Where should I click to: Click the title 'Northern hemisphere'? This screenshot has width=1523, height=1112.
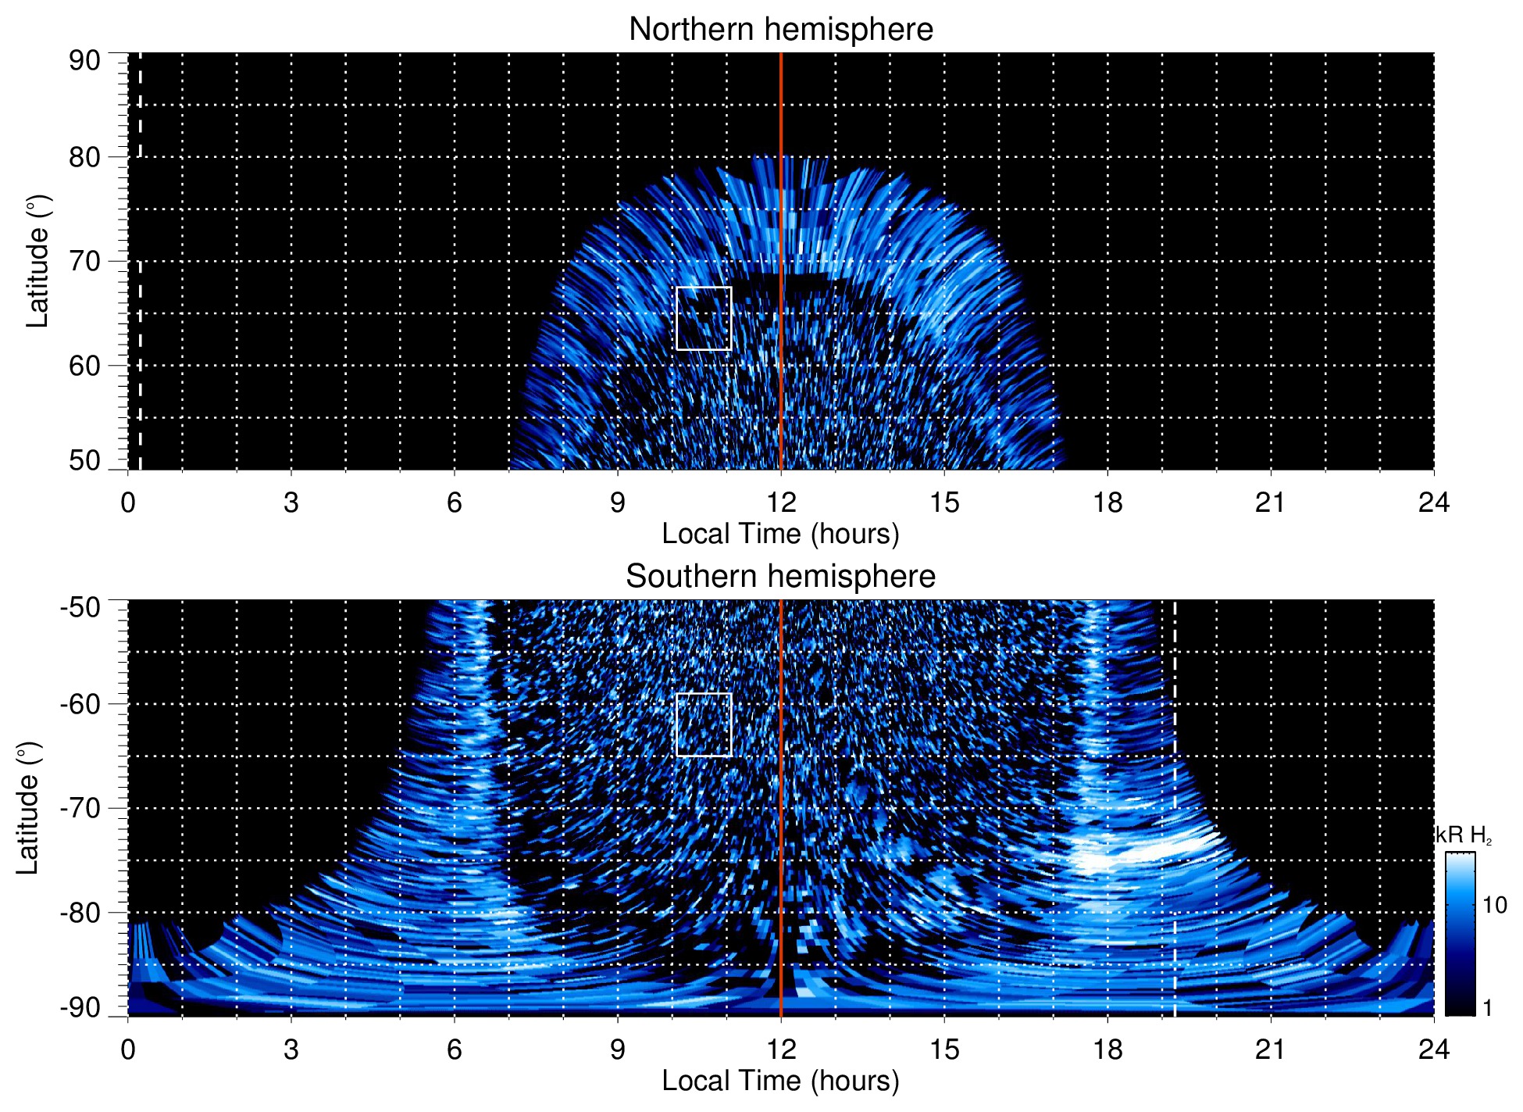780,30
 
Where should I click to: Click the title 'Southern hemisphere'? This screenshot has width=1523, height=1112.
780,577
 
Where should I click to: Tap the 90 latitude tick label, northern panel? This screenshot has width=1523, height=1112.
84,61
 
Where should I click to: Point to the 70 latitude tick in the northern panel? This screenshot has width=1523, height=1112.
84,261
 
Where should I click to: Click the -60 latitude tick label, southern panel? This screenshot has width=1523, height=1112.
80,704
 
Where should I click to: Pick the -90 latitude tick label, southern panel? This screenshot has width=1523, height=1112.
80,1008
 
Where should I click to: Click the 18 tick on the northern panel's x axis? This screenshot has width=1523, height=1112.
1107,502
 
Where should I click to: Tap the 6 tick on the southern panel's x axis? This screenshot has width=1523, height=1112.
454,1049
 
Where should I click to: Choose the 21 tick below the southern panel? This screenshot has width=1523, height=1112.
1270,1049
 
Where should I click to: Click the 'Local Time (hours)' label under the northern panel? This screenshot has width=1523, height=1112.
780,534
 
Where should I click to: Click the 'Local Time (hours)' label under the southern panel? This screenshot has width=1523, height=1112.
780,1081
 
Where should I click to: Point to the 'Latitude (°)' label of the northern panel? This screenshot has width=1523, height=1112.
37,261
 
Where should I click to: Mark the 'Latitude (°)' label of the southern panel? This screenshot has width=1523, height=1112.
28,808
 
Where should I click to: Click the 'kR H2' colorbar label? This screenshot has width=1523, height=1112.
1464,835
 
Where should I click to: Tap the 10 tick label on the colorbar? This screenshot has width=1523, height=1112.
1494,906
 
